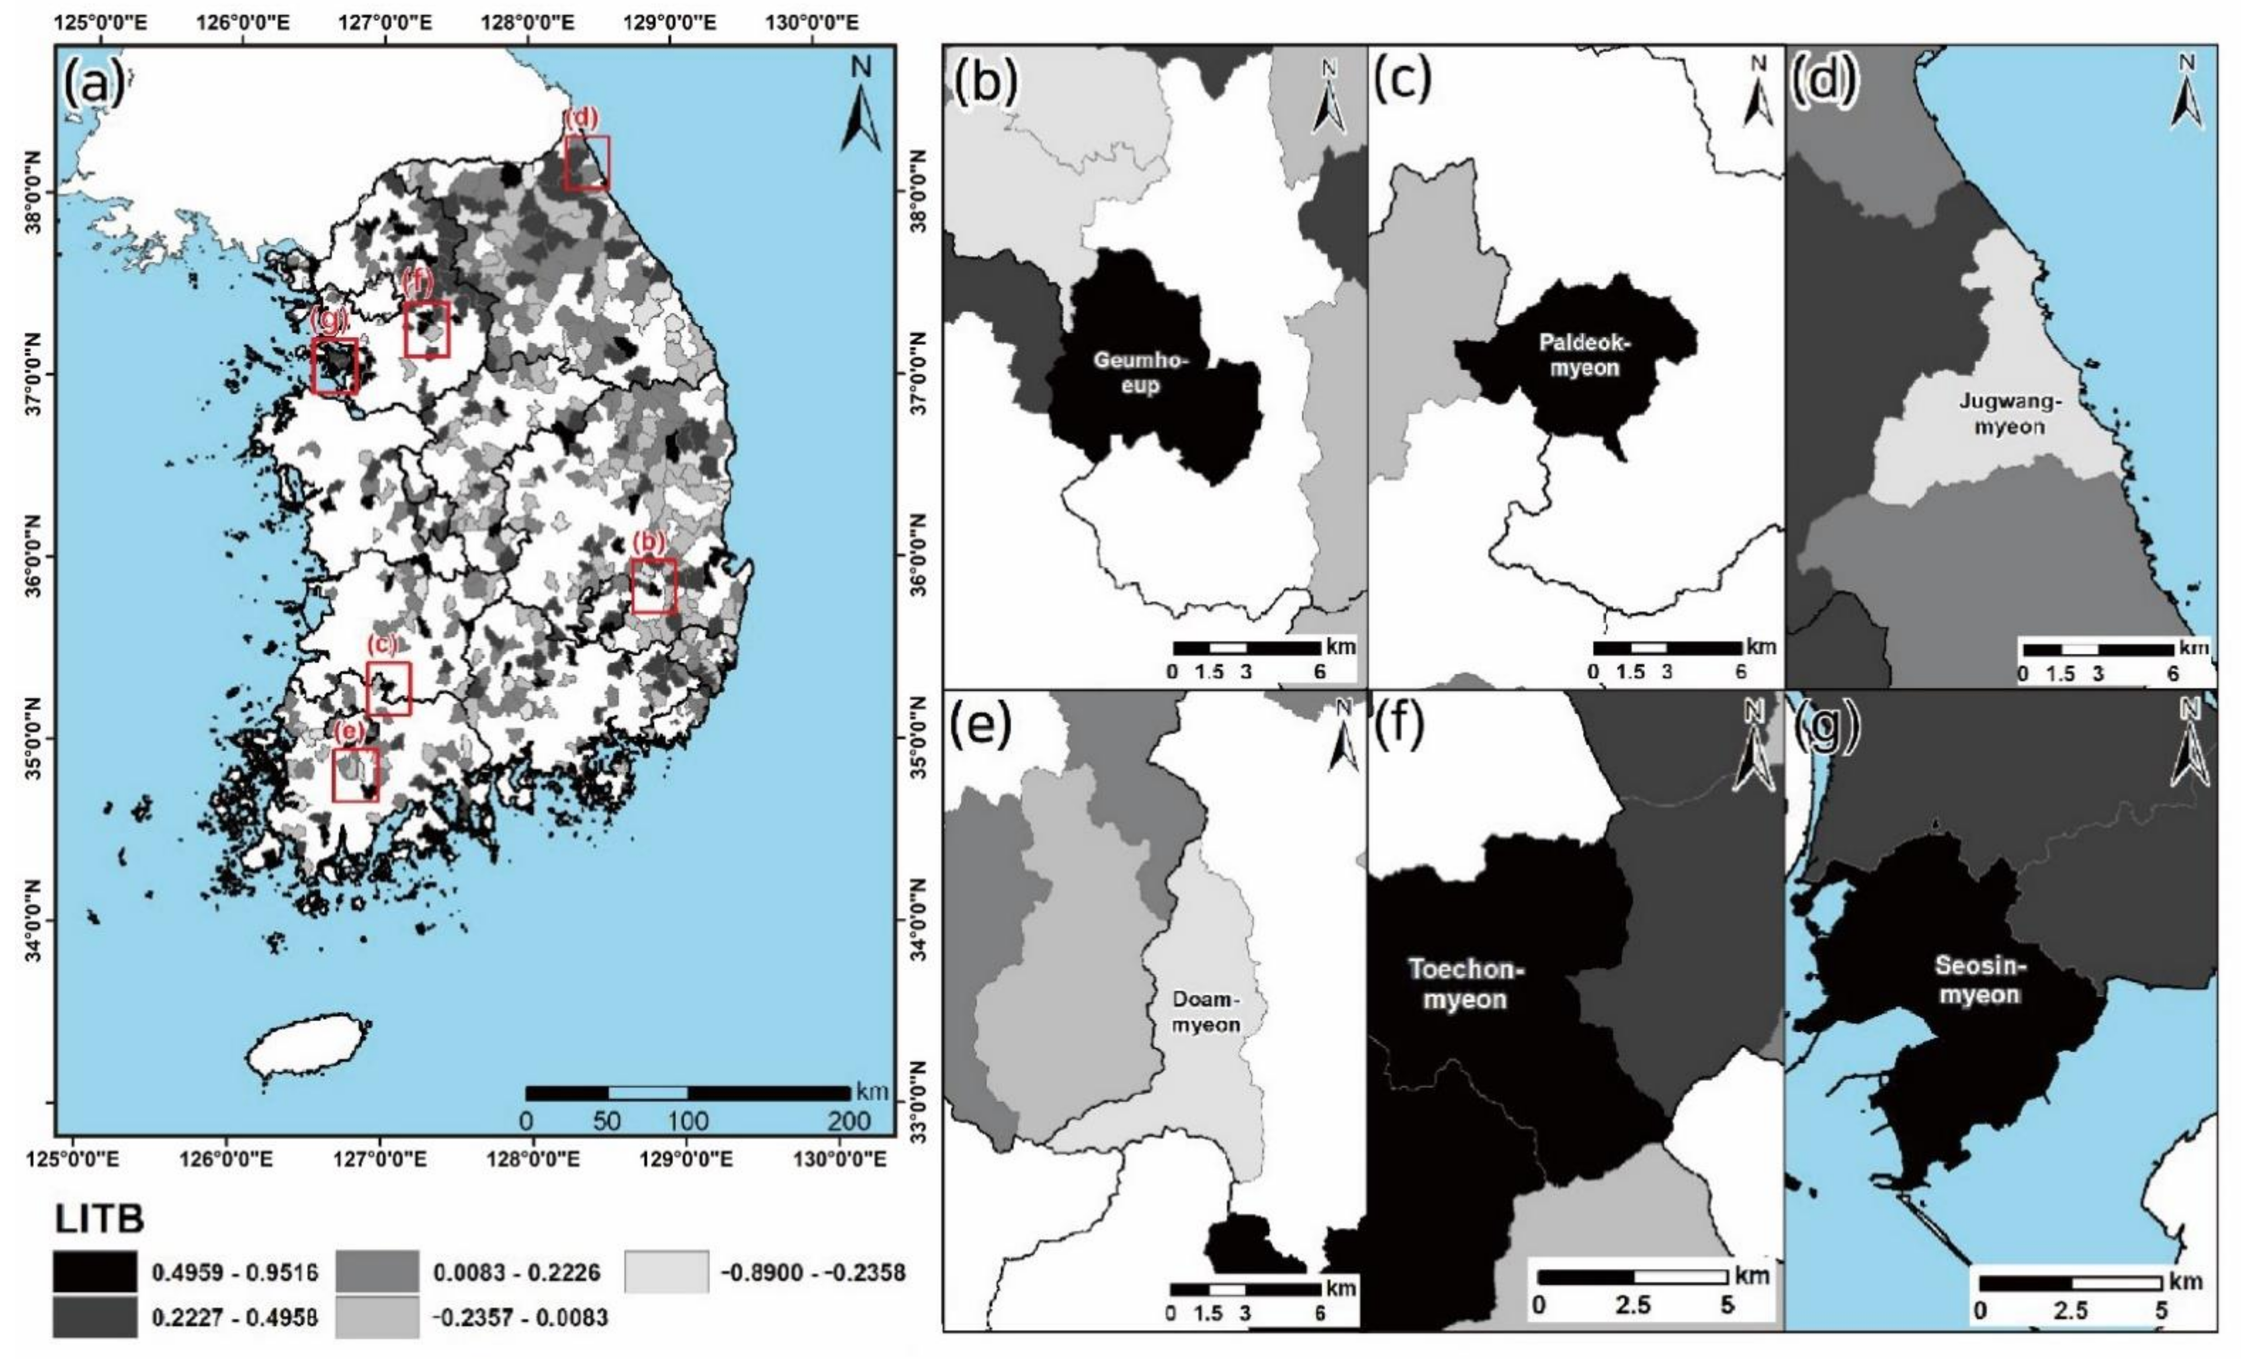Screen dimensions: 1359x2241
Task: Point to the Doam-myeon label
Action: click(1204, 1012)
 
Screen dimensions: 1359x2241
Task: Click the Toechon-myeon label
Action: click(1465, 984)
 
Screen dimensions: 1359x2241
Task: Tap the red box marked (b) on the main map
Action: click(654, 586)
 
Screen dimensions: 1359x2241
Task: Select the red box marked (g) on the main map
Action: click(334, 365)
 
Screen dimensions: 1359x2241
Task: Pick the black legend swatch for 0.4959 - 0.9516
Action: click(95, 1271)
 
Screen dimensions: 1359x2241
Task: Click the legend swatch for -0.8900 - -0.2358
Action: click(666, 1271)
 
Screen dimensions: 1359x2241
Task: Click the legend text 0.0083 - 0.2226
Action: click(516, 1271)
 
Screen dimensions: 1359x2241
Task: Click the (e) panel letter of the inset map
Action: click(980, 728)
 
